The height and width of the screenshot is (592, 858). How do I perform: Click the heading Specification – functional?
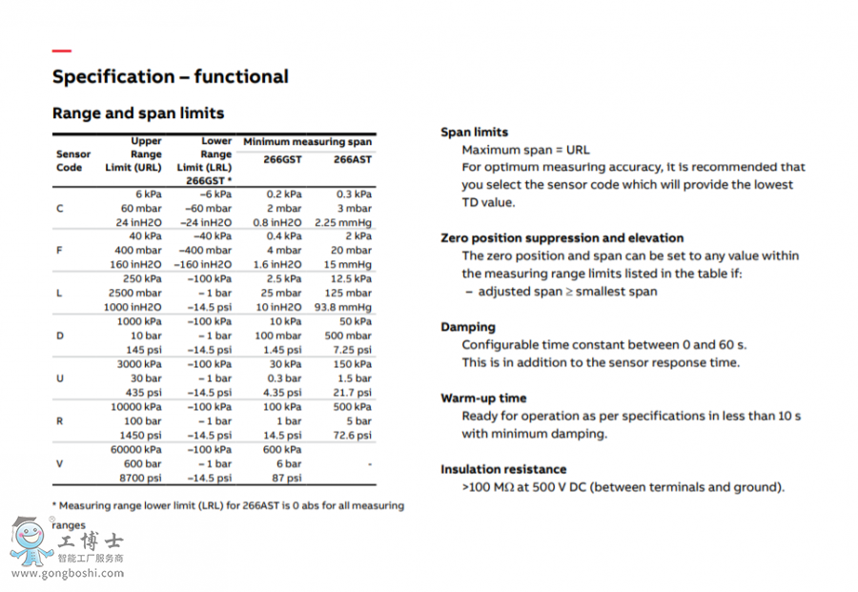170,76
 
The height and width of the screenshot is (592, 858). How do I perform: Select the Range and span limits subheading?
138,113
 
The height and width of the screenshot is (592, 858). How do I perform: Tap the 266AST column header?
352,159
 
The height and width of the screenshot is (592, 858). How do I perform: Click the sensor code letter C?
60,208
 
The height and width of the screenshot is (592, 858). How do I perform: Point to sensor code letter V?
60,463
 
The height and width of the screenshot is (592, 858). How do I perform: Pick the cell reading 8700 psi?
140,478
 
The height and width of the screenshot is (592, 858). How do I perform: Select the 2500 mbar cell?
134,293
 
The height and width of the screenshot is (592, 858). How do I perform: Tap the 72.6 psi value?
352,435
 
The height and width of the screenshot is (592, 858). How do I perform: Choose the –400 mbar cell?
206,251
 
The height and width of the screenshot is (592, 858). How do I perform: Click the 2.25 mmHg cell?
342,222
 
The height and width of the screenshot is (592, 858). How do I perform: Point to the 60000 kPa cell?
136,449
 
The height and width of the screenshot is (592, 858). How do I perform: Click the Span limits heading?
474,133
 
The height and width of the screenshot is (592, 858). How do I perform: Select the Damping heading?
468,327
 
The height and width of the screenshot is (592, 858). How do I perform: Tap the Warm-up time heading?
483,398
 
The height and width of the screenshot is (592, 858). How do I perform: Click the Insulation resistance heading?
503,469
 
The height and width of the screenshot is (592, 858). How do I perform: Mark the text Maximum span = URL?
525,150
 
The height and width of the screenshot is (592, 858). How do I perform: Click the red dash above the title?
61,51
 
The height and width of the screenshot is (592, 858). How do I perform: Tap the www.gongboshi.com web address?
69,573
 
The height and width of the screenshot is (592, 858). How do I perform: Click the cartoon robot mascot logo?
31,541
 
